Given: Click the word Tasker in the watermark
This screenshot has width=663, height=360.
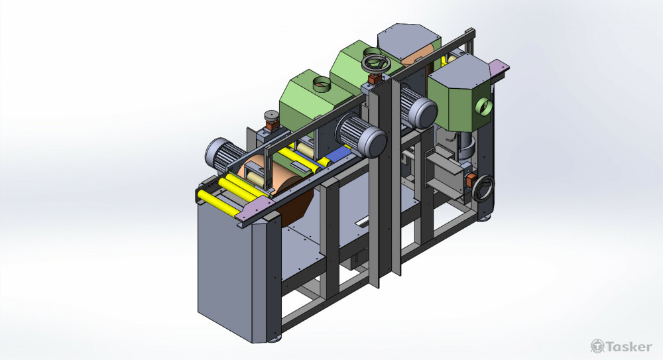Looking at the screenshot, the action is tap(629, 347).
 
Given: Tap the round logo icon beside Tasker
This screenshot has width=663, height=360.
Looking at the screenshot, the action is tap(597, 346).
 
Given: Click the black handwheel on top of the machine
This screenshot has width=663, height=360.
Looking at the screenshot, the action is tap(376, 64).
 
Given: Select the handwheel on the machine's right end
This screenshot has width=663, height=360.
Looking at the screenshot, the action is tap(483, 188).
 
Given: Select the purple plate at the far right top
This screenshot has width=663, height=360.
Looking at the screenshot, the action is tap(499, 67).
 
